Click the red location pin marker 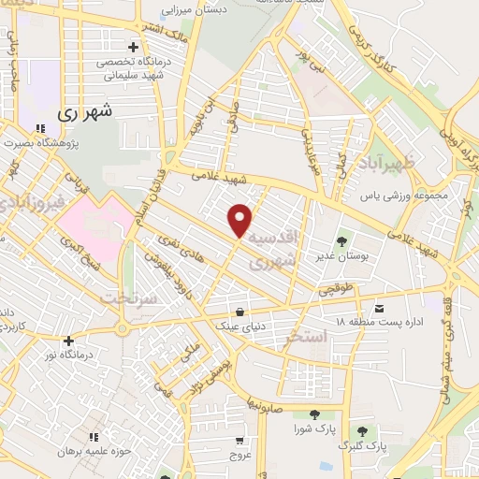[240, 219]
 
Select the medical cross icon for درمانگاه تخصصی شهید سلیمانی [134, 47]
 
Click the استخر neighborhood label [307, 334]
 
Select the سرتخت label [125, 298]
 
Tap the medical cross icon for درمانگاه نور [67, 341]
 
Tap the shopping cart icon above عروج [239, 441]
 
